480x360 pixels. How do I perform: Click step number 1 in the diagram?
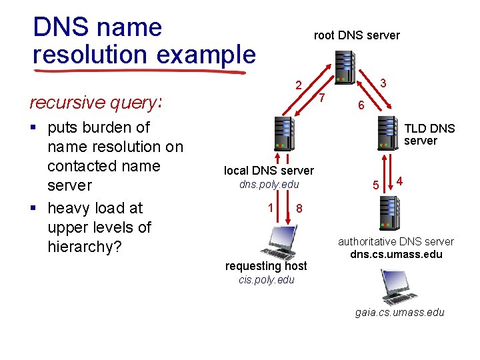click(270, 207)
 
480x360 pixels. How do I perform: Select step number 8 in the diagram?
click(299, 209)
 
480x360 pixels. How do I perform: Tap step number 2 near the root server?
click(299, 86)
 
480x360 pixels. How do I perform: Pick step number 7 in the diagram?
click(321, 99)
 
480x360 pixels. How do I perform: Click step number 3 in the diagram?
click(383, 83)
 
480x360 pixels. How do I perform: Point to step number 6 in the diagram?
click(360, 106)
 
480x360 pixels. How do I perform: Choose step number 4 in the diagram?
click(399, 180)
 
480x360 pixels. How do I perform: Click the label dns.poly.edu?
click(269, 185)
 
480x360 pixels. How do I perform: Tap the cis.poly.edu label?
click(266, 280)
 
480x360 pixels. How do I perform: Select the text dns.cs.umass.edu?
click(396, 254)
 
